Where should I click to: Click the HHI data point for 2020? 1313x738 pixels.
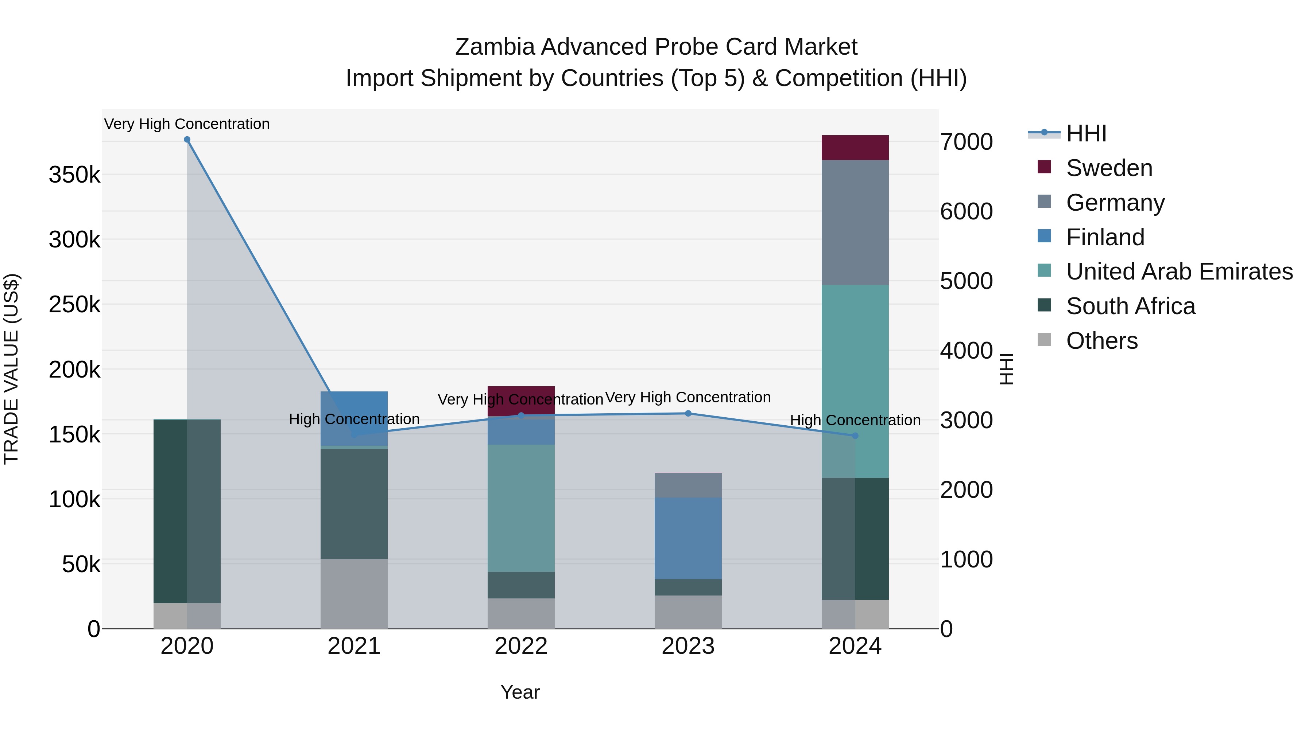coord(187,140)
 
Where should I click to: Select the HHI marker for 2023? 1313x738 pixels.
coord(688,414)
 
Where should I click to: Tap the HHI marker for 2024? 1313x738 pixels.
coord(855,436)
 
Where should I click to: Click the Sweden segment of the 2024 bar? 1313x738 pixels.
coord(855,148)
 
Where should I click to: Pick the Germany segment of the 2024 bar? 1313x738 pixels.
coord(855,223)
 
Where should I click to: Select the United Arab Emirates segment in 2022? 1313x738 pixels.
coord(521,508)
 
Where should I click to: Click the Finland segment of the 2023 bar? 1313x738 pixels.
coord(688,538)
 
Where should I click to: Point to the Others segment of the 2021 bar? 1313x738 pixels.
coord(354,594)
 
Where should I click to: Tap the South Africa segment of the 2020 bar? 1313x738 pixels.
coord(187,511)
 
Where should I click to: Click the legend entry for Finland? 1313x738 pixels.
coord(1105,237)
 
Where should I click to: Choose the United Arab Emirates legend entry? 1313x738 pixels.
coord(1179,272)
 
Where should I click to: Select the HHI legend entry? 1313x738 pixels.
coord(1086,133)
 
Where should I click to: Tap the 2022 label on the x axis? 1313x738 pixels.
coord(521,646)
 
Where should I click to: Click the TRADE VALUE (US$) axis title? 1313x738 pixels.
coord(11,369)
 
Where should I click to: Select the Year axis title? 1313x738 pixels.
coord(520,692)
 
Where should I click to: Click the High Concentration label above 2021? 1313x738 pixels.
coord(354,419)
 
